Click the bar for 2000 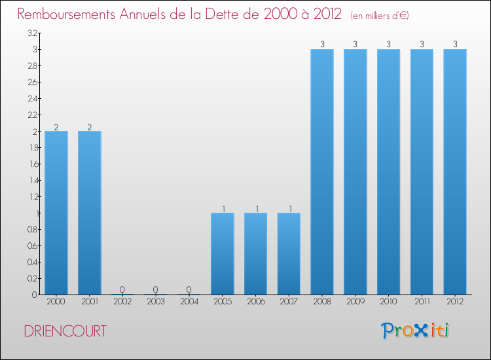click(x=56, y=213)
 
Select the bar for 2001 click(x=90, y=213)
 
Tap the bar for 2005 click(x=223, y=253)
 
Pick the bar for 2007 click(x=289, y=253)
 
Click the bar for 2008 click(x=322, y=171)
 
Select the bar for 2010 click(x=389, y=171)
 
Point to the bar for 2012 click(x=455, y=171)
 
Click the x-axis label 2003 click(x=156, y=302)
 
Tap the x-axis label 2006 click(x=256, y=302)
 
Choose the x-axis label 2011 click(x=422, y=302)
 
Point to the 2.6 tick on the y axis click(x=32, y=82)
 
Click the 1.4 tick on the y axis click(x=32, y=181)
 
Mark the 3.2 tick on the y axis click(x=32, y=33)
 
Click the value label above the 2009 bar click(x=355, y=45)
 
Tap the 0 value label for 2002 click(x=122, y=289)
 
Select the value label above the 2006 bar click(x=256, y=209)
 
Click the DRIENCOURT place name click(x=65, y=331)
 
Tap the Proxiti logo click(x=416, y=331)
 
